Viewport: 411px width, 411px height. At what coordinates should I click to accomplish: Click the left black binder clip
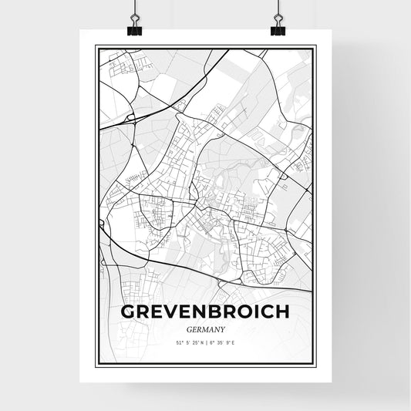tap(134, 29)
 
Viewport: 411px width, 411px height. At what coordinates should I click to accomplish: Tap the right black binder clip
tap(278, 29)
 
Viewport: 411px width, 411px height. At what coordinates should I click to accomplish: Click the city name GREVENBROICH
tap(205, 312)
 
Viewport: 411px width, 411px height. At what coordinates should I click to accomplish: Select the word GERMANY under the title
tap(205, 329)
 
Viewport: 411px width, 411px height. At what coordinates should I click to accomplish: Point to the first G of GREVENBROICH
tap(127, 312)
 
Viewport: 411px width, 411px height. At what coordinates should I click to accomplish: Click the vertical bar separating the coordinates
tap(206, 342)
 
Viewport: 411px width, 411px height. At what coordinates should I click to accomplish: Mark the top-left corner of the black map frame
tap(96, 46)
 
